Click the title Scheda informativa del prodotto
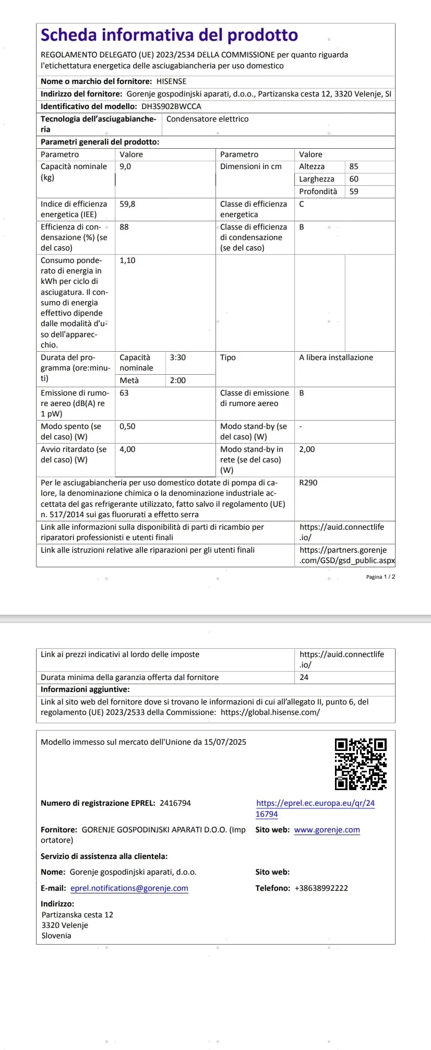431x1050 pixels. coord(169,35)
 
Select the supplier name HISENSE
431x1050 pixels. coord(171,81)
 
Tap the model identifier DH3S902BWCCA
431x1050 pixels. coord(171,106)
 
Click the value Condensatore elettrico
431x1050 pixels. coord(207,119)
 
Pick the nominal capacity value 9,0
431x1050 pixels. coord(125,166)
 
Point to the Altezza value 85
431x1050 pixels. coord(354,166)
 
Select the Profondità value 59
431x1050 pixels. coord(354,192)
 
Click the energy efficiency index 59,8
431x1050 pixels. coord(127,204)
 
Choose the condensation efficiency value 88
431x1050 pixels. coord(124,227)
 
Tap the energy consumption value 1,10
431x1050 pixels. coord(127,260)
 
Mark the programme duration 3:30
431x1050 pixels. coord(178,357)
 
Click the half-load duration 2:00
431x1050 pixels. coord(178,380)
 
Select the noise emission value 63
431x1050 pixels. coord(124,393)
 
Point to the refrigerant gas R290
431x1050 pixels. coord(308,483)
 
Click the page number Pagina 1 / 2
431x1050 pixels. coord(380,577)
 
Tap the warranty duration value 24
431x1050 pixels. coord(304,677)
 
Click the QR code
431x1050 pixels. coord(361,763)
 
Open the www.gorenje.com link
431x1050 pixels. coord(327,830)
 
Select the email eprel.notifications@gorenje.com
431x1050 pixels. coord(129,888)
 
